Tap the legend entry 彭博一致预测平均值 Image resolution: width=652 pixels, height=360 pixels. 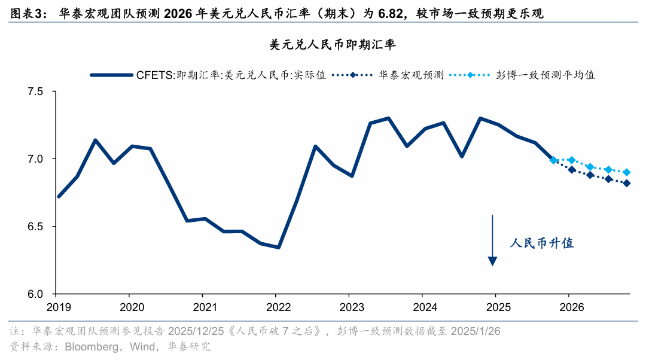[544, 75]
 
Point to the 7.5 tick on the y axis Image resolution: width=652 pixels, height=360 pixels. [36, 92]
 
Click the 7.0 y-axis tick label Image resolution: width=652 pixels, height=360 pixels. [36, 159]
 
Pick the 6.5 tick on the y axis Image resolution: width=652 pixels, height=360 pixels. [36, 227]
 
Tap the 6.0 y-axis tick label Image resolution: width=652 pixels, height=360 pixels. [36, 294]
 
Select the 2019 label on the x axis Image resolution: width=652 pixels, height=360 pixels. [58, 307]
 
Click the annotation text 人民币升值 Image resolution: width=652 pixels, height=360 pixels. [542, 243]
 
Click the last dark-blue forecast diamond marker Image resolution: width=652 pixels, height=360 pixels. [626, 184]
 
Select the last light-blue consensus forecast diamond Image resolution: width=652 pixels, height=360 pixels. [626, 172]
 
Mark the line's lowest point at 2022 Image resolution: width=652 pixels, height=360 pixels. [279, 247]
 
